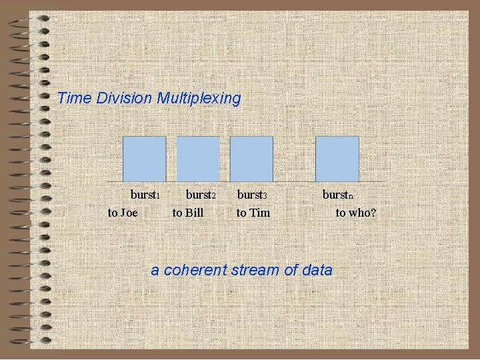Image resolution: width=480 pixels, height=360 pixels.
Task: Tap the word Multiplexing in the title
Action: click(199, 99)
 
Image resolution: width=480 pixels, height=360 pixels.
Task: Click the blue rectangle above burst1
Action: click(145, 159)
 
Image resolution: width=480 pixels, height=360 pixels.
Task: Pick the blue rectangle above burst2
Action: click(198, 159)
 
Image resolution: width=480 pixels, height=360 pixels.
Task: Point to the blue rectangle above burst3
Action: click(251, 159)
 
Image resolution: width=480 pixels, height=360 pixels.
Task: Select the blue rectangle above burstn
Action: click(337, 159)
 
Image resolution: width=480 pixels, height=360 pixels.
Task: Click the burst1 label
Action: click(145, 195)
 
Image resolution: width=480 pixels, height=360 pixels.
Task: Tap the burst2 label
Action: click(200, 195)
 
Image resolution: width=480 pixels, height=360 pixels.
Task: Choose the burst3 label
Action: click(252, 195)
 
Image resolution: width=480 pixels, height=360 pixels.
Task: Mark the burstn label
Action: click(337, 195)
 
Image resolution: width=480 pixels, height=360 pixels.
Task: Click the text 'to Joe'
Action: click(123, 213)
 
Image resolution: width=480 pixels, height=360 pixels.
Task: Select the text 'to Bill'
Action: click(188, 213)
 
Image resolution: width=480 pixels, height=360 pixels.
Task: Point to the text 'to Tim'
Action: click(253, 213)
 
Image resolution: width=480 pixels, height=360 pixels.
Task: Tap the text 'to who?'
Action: click(356, 213)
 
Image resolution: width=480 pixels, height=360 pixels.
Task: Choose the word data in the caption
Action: click(317, 270)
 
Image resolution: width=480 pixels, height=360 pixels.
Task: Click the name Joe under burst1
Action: click(129, 213)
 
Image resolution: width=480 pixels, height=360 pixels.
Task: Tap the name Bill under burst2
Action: click(195, 213)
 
